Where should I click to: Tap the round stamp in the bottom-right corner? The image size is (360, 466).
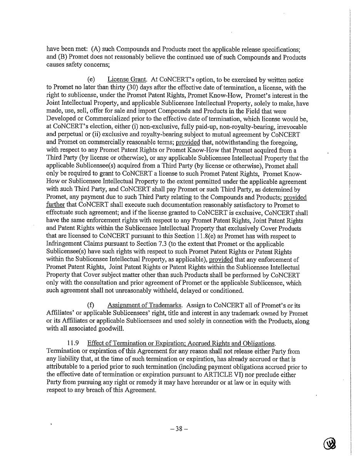[x=330, y=444]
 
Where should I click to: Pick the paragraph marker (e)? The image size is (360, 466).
[x=91, y=80]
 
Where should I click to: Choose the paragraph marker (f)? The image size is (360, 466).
[x=91, y=305]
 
